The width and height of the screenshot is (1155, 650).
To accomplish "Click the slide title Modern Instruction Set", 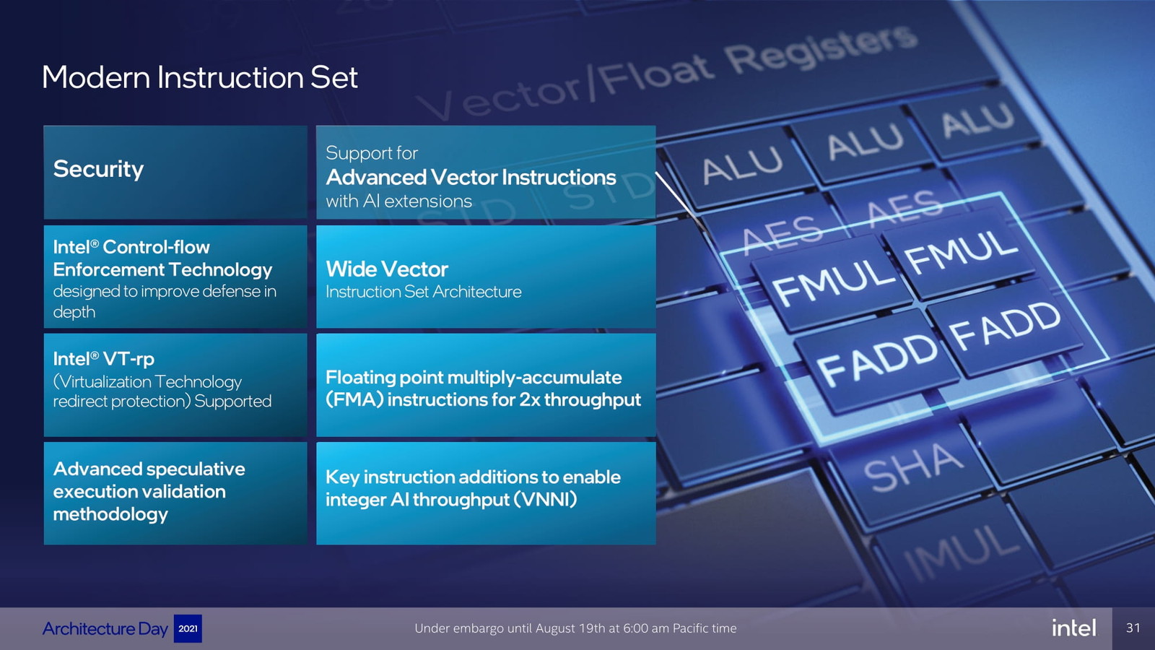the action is tap(199, 77).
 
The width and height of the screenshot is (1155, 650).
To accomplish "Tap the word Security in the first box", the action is tap(98, 169).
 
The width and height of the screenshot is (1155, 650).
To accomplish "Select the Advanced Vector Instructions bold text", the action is tap(471, 177).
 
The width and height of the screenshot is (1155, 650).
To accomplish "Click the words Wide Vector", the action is tap(387, 269).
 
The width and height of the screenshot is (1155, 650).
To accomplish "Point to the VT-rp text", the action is tap(128, 359).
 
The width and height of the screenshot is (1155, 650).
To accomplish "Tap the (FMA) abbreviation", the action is tap(354, 400).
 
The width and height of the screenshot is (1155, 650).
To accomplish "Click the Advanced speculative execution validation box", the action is tap(175, 493).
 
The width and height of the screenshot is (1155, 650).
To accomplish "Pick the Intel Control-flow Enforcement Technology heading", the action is tap(162, 259).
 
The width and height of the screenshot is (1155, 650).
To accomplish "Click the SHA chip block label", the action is tap(913, 467).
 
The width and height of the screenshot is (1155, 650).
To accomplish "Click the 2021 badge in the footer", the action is tap(188, 628).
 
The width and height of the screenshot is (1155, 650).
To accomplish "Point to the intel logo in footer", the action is tap(1074, 628).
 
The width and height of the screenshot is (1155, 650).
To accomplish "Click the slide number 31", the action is tap(1133, 628).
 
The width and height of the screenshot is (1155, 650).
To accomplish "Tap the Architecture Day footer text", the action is tap(105, 629).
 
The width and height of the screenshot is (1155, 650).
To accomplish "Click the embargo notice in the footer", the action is tap(575, 628).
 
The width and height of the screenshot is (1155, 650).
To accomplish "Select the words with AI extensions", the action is tap(398, 201).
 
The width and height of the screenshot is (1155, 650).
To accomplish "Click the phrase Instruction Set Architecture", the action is tap(423, 292).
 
